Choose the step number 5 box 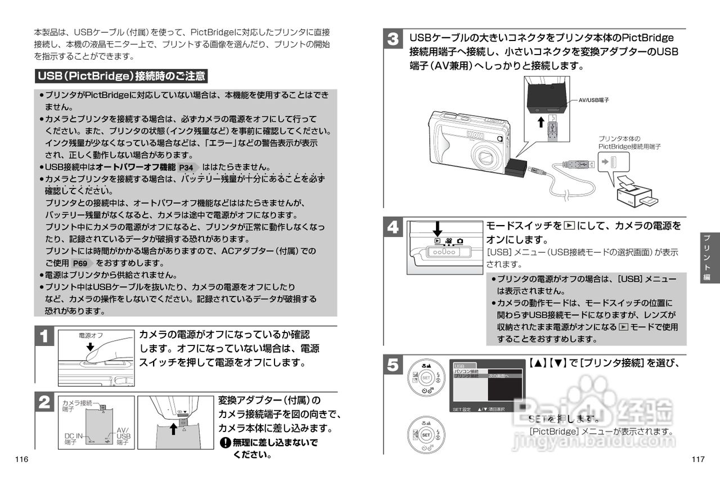(393, 365)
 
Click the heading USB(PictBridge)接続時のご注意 (121, 75)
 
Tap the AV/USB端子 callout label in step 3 (594, 100)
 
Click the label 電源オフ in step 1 (91, 335)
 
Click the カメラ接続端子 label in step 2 (78, 405)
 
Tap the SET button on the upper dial (426, 377)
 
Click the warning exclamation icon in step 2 (226, 443)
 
